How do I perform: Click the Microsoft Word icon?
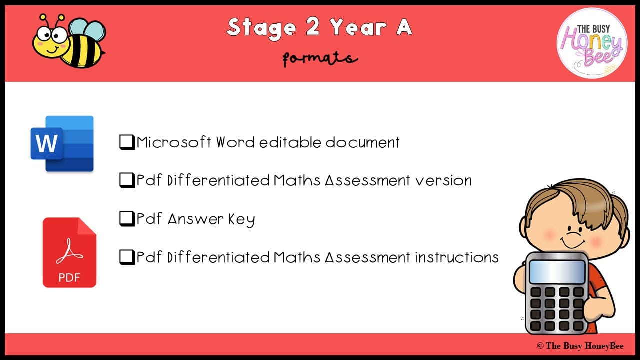pos(62,144)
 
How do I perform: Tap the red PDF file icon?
pos(69,252)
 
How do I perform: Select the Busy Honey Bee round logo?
pos(592,43)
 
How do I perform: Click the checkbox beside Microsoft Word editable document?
pos(127,143)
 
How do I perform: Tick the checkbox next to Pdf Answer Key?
pos(127,219)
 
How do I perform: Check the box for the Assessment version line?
pos(127,180)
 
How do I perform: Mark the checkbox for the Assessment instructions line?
pos(127,257)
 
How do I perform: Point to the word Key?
pos(241,219)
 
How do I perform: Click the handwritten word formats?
pos(320,59)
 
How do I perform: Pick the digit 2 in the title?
pos(312,27)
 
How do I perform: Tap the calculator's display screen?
pos(557,272)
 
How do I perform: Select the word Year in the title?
pos(357,27)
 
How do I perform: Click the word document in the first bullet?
pos(363,142)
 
